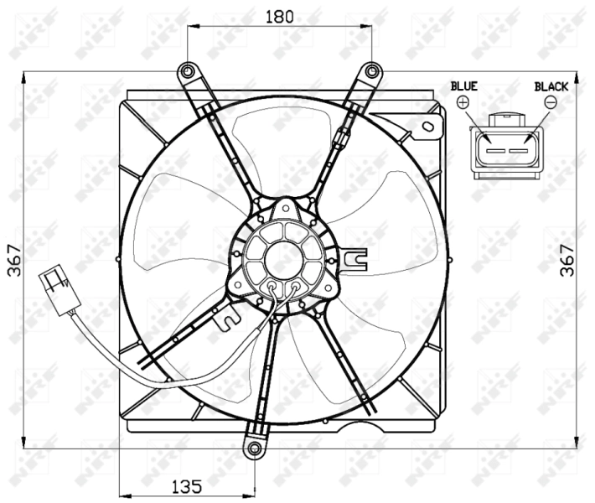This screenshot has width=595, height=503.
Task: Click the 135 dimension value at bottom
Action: click(x=188, y=485)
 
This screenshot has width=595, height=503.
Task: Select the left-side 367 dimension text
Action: click(x=14, y=260)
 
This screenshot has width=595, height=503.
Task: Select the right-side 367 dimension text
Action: click(x=567, y=260)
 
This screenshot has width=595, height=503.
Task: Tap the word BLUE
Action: click(x=463, y=86)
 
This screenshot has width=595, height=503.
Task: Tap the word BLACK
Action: click(x=551, y=86)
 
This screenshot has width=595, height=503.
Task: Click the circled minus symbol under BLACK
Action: click(x=551, y=102)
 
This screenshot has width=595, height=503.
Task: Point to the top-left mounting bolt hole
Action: click(x=187, y=70)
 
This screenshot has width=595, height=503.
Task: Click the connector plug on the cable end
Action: click(x=57, y=284)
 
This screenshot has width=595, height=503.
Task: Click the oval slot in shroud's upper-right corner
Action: click(x=429, y=127)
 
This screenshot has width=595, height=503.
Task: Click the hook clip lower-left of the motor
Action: click(x=225, y=318)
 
